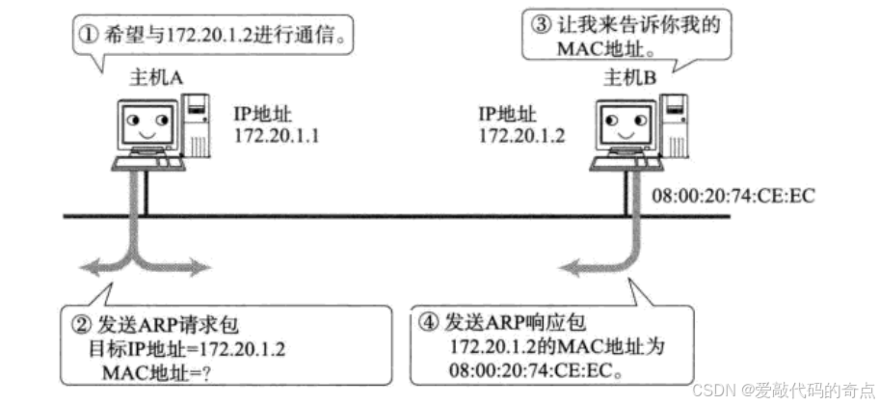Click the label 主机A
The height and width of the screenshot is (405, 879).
coord(156,78)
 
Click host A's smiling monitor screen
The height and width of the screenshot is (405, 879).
coord(146,123)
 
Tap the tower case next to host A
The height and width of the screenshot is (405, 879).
coord(197,122)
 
